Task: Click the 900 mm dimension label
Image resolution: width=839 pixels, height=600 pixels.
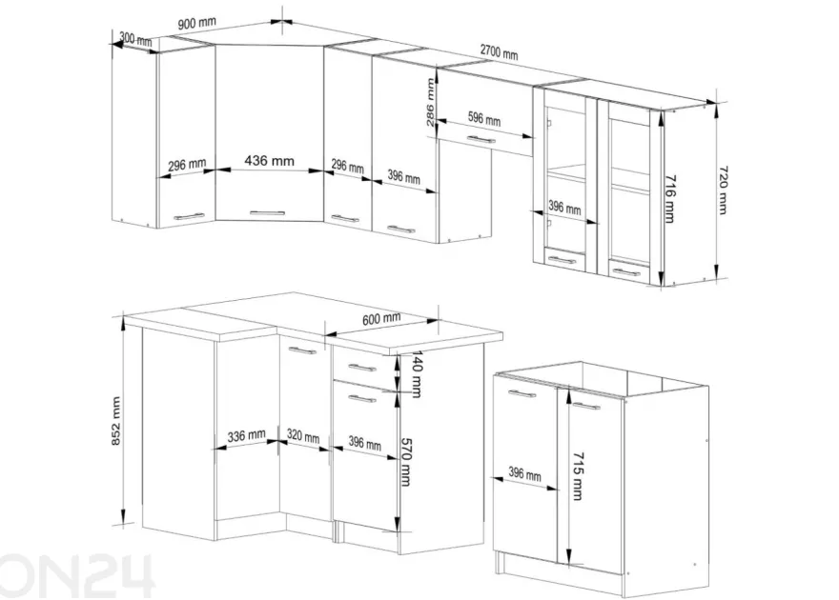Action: [197, 24]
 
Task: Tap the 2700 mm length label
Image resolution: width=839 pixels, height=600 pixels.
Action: [499, 51]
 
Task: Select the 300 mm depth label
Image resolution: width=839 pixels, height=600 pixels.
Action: [135, 39]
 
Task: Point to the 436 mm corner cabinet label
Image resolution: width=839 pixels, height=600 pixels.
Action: [269, 160]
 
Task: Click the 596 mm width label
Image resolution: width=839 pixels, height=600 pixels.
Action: [484, 119]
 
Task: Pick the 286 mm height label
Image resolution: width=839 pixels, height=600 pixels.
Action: [430, 103]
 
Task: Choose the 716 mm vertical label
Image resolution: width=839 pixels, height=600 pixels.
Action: [669, 199]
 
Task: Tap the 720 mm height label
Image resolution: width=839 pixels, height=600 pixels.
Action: [723, 190]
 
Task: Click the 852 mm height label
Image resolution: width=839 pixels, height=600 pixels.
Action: [116, 421]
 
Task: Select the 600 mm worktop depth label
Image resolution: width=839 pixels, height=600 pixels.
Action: [381, 319]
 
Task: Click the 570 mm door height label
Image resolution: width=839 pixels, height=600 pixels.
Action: [406, 462]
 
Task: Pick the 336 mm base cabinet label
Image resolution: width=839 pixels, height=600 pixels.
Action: [247, 435]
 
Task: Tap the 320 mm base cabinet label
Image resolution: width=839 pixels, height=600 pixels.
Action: [303, 435]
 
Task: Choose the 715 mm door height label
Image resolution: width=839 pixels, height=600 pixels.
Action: [578, 476]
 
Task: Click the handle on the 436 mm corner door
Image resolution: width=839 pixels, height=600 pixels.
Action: [268, 212]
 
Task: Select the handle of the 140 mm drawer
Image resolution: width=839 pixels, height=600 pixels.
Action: [362, 368]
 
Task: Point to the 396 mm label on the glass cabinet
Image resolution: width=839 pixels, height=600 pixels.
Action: [564, 207]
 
